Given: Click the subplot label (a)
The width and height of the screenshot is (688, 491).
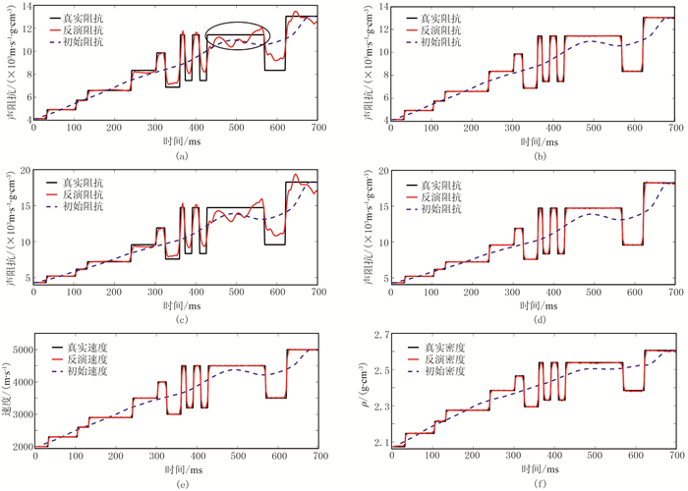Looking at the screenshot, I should point(179,155).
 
